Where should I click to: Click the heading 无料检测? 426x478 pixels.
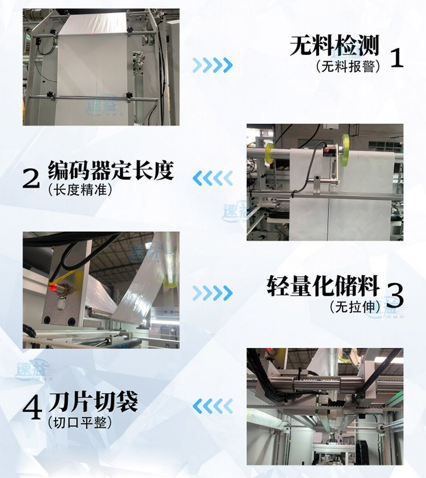pyautogui.click(x=334, y=46)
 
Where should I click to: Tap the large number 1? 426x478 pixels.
pyautogui.click(x=397, y=58)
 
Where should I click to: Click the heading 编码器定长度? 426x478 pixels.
pyautogui.click(x=110, y=170)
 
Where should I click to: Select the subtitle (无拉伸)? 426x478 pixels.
pyautogui.click(x=354, y=307)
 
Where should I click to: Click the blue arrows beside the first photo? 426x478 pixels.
pyautogui.click(x=212, y=65)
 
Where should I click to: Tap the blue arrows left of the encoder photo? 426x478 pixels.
pyautogui.click(x=212, y=179)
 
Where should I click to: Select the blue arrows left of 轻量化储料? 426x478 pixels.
pyautogui.click(x=212, y=293)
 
